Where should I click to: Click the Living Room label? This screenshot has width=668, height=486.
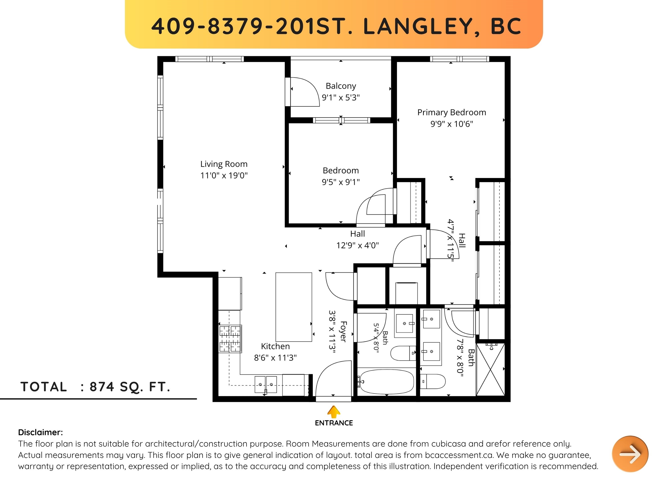click(224, 164)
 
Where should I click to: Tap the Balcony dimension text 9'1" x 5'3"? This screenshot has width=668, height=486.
click(341, 98)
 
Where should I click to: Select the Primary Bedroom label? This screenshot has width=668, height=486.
click(452, 112)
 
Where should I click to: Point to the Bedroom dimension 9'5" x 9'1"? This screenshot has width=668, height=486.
click(341, 182)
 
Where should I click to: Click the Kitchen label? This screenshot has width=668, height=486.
click(275, 346)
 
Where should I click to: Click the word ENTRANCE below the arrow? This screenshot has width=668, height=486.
click(334, 423)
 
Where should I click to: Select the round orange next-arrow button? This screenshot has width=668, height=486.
click(630, 454)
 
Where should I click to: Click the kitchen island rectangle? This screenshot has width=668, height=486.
click(294, 307)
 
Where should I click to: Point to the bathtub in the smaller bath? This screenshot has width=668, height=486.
click(387, 382)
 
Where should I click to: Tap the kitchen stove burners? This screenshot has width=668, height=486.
click(230, 339)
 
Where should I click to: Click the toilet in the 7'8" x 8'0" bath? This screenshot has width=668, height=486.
click(432, 382)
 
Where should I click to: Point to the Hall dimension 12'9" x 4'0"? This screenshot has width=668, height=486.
click(358, 245)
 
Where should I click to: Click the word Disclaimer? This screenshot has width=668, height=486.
click(40, 432)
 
